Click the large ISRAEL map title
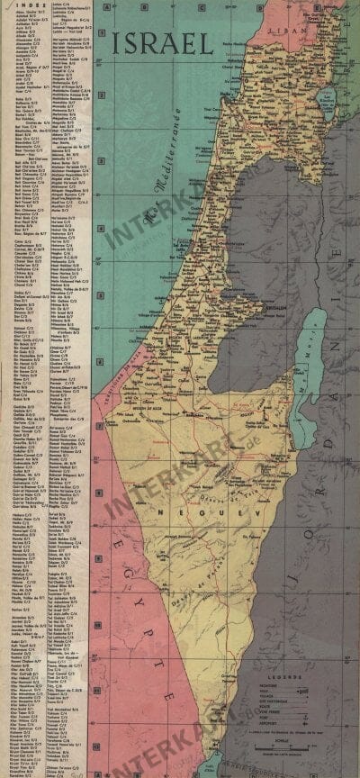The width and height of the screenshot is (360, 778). [x=163, y=43]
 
